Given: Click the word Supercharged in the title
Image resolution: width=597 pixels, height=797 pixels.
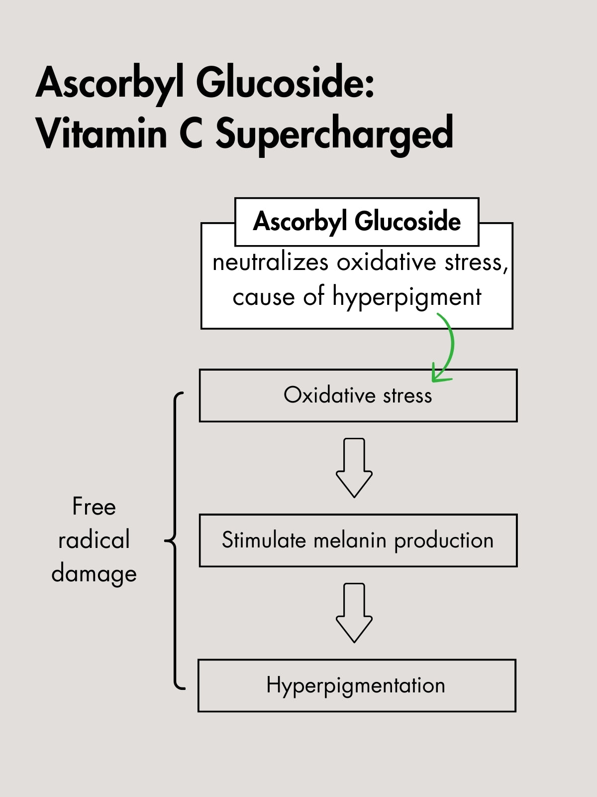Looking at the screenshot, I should (334, 133).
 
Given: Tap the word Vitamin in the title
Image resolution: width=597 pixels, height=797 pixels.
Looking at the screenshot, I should (101, 133).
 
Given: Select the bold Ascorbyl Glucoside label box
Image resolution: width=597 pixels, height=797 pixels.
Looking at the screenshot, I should (357, 222).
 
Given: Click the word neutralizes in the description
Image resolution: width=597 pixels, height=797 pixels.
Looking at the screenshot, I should (270, 262).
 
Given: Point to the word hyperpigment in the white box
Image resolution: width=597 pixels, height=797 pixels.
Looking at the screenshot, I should (406, 297).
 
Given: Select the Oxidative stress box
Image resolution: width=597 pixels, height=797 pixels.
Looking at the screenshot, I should (358, 396).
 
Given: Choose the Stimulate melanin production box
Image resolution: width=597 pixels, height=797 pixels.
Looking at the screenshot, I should (358, 540).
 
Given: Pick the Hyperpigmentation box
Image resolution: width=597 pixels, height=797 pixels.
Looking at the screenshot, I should (356, 685).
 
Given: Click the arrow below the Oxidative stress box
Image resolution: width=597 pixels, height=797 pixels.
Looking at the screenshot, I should (354, 468).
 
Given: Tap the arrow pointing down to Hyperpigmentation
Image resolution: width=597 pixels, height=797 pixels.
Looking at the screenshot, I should (354, 613).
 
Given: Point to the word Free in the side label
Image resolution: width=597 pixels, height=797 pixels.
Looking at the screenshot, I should (94, 507).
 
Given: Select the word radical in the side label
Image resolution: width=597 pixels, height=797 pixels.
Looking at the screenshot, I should (94, 540).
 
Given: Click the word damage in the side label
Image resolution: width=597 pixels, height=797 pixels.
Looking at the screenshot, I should (94, 574).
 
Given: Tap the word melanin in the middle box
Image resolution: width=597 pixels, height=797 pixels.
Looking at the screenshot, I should (350, 540).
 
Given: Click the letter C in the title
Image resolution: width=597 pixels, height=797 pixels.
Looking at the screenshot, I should (191, 133).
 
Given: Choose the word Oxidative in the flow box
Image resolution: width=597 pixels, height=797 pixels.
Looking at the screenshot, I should (329, 396).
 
